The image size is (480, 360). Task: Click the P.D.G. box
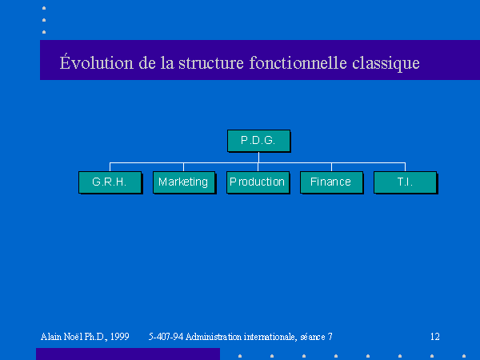click(258, 141)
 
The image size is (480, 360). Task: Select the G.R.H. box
click(110, 182)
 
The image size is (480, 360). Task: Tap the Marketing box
click(184, 182)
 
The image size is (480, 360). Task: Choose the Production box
click(258, 182)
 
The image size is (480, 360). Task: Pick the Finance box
click(332, 182)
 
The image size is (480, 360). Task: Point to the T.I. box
click(406, 182)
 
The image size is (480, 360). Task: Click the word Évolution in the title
click(97, 62)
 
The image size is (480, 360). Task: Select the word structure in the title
click(211, 62)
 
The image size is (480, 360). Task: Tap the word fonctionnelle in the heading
click(298, 62)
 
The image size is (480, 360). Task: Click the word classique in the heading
click(386, 63)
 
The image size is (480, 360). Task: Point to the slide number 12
click(435, 337)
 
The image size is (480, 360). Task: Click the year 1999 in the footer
click(120, 337)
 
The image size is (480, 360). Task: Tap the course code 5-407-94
click(166, 337)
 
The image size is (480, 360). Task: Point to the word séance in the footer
click(313, 337)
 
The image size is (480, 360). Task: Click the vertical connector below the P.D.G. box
click(258, 158)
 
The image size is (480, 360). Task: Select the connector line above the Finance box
click(331, 167)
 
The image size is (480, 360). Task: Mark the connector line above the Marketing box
click(183, 167)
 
